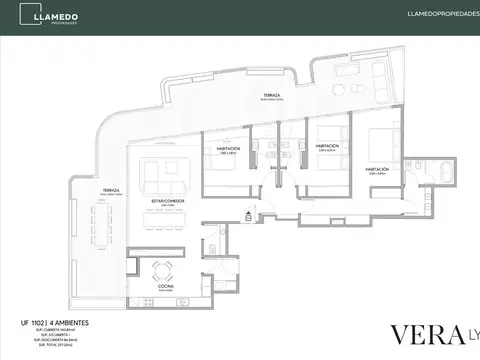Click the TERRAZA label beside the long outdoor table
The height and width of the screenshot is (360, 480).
tap(111, 190)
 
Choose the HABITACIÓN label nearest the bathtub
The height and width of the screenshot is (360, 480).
tap(378, 169)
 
